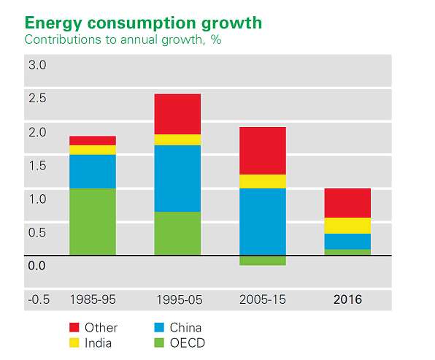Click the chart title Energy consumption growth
pos(143,23)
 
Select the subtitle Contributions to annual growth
pos(115,39)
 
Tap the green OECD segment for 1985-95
pos(93,221)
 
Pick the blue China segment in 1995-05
pos(177,178)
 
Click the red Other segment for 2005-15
pos(263,150)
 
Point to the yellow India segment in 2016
pos(347,226)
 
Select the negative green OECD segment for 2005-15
pos(263,261)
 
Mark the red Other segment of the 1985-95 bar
pos(93,141)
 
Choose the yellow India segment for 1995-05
pos(177,140)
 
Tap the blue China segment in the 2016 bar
pos(347,242)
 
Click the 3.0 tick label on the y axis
pos(37,65)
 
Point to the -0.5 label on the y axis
pos(39,300)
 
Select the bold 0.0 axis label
pos(36,266)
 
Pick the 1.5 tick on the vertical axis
pos(37,166)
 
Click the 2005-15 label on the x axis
pos(263,300)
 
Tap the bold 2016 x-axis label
pos(347,300)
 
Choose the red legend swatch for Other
pos(74,327)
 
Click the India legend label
pos(99,343)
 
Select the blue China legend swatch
pos(159,327)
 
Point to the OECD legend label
pos(188,343)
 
